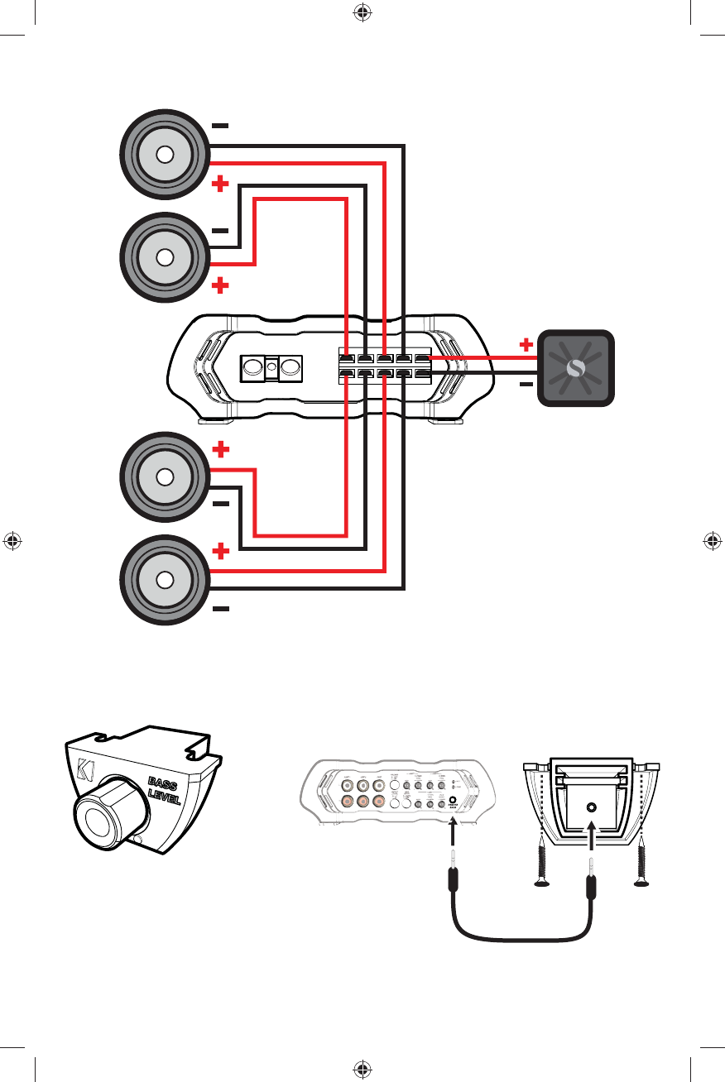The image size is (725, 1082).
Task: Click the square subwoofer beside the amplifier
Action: click(576, 369)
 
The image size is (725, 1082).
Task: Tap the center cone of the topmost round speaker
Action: click(164, 155)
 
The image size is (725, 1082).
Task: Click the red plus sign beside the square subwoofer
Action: click(525, 343)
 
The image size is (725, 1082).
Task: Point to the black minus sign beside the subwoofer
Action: click(525, 385)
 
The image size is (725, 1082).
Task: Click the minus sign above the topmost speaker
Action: click(220, 126)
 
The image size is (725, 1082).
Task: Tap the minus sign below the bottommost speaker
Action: click(220, 609)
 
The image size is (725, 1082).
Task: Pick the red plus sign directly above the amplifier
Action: click(220, 286)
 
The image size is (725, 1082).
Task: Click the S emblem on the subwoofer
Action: click(576, 369)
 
